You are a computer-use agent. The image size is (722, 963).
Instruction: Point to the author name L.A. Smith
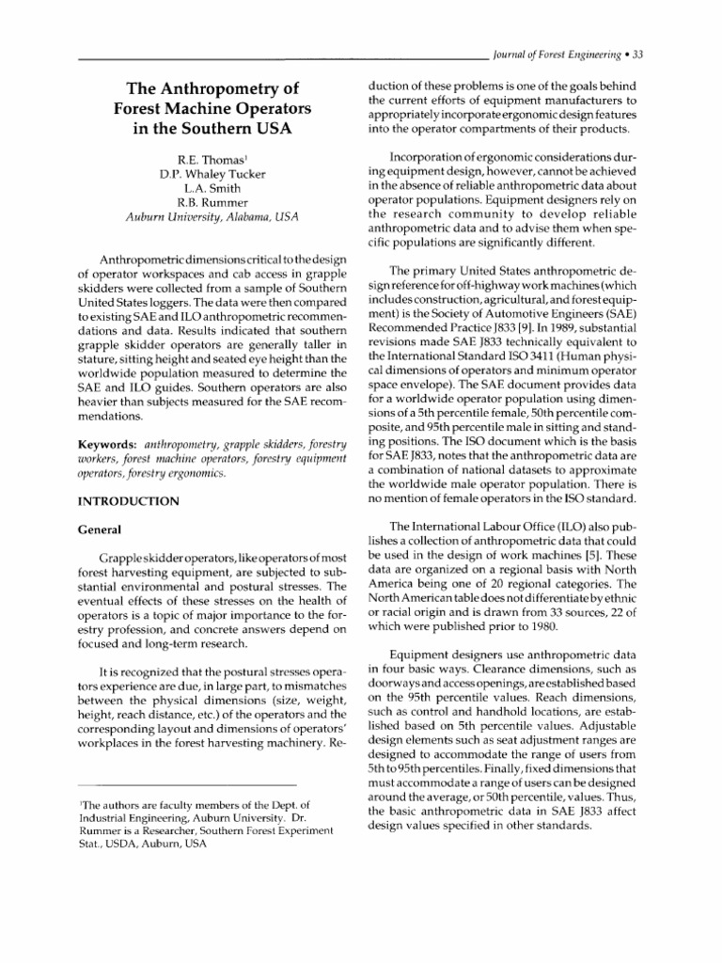[212, 188]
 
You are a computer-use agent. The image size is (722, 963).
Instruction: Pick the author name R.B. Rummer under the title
[212, 203]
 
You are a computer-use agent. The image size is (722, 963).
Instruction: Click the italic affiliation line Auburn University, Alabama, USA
[212, 219]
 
